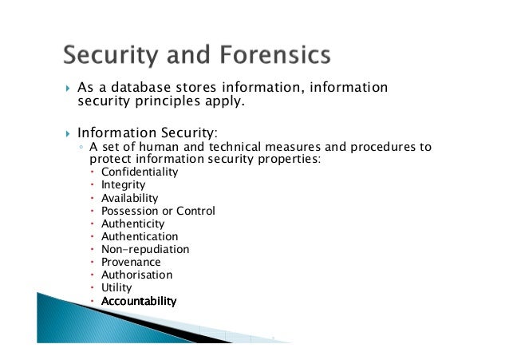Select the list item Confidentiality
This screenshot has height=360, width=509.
[x=140, y=172]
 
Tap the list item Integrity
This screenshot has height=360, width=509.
[x=123, y=185]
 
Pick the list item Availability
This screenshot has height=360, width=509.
[x=129, y=198]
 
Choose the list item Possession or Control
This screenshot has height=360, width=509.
[x=158, y=211]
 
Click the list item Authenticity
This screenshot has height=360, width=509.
[x=132, y=224]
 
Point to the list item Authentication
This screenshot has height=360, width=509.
[x=140, y=236]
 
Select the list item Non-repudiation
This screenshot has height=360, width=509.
[x=145, y=249]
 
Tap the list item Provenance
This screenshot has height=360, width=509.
[x=131, y=262]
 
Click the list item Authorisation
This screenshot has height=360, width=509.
[x=136, y=275]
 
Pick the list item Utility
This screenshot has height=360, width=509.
[x=116, y=287]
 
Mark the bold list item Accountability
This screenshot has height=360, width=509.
[x=139, y=301]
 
